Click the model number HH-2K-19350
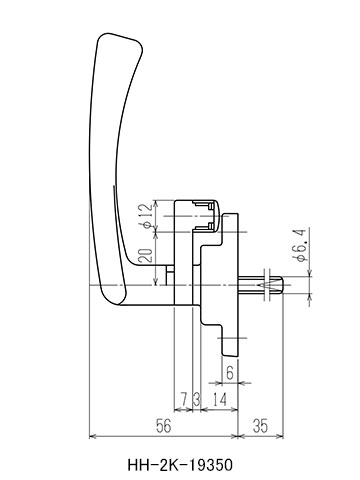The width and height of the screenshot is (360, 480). tap(180, 465)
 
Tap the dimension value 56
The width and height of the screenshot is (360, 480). tap(163, 426)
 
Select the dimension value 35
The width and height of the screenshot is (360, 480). tap(260, 426)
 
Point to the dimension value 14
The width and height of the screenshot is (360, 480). tap(219, 399)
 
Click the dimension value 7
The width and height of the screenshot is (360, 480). tap(183, 399)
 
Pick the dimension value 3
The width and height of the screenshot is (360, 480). tap(197, 399)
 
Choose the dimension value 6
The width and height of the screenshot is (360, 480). tap(230, 373)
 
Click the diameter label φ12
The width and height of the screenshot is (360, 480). tap(147, 216)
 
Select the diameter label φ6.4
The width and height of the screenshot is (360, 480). tap(299, 245)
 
